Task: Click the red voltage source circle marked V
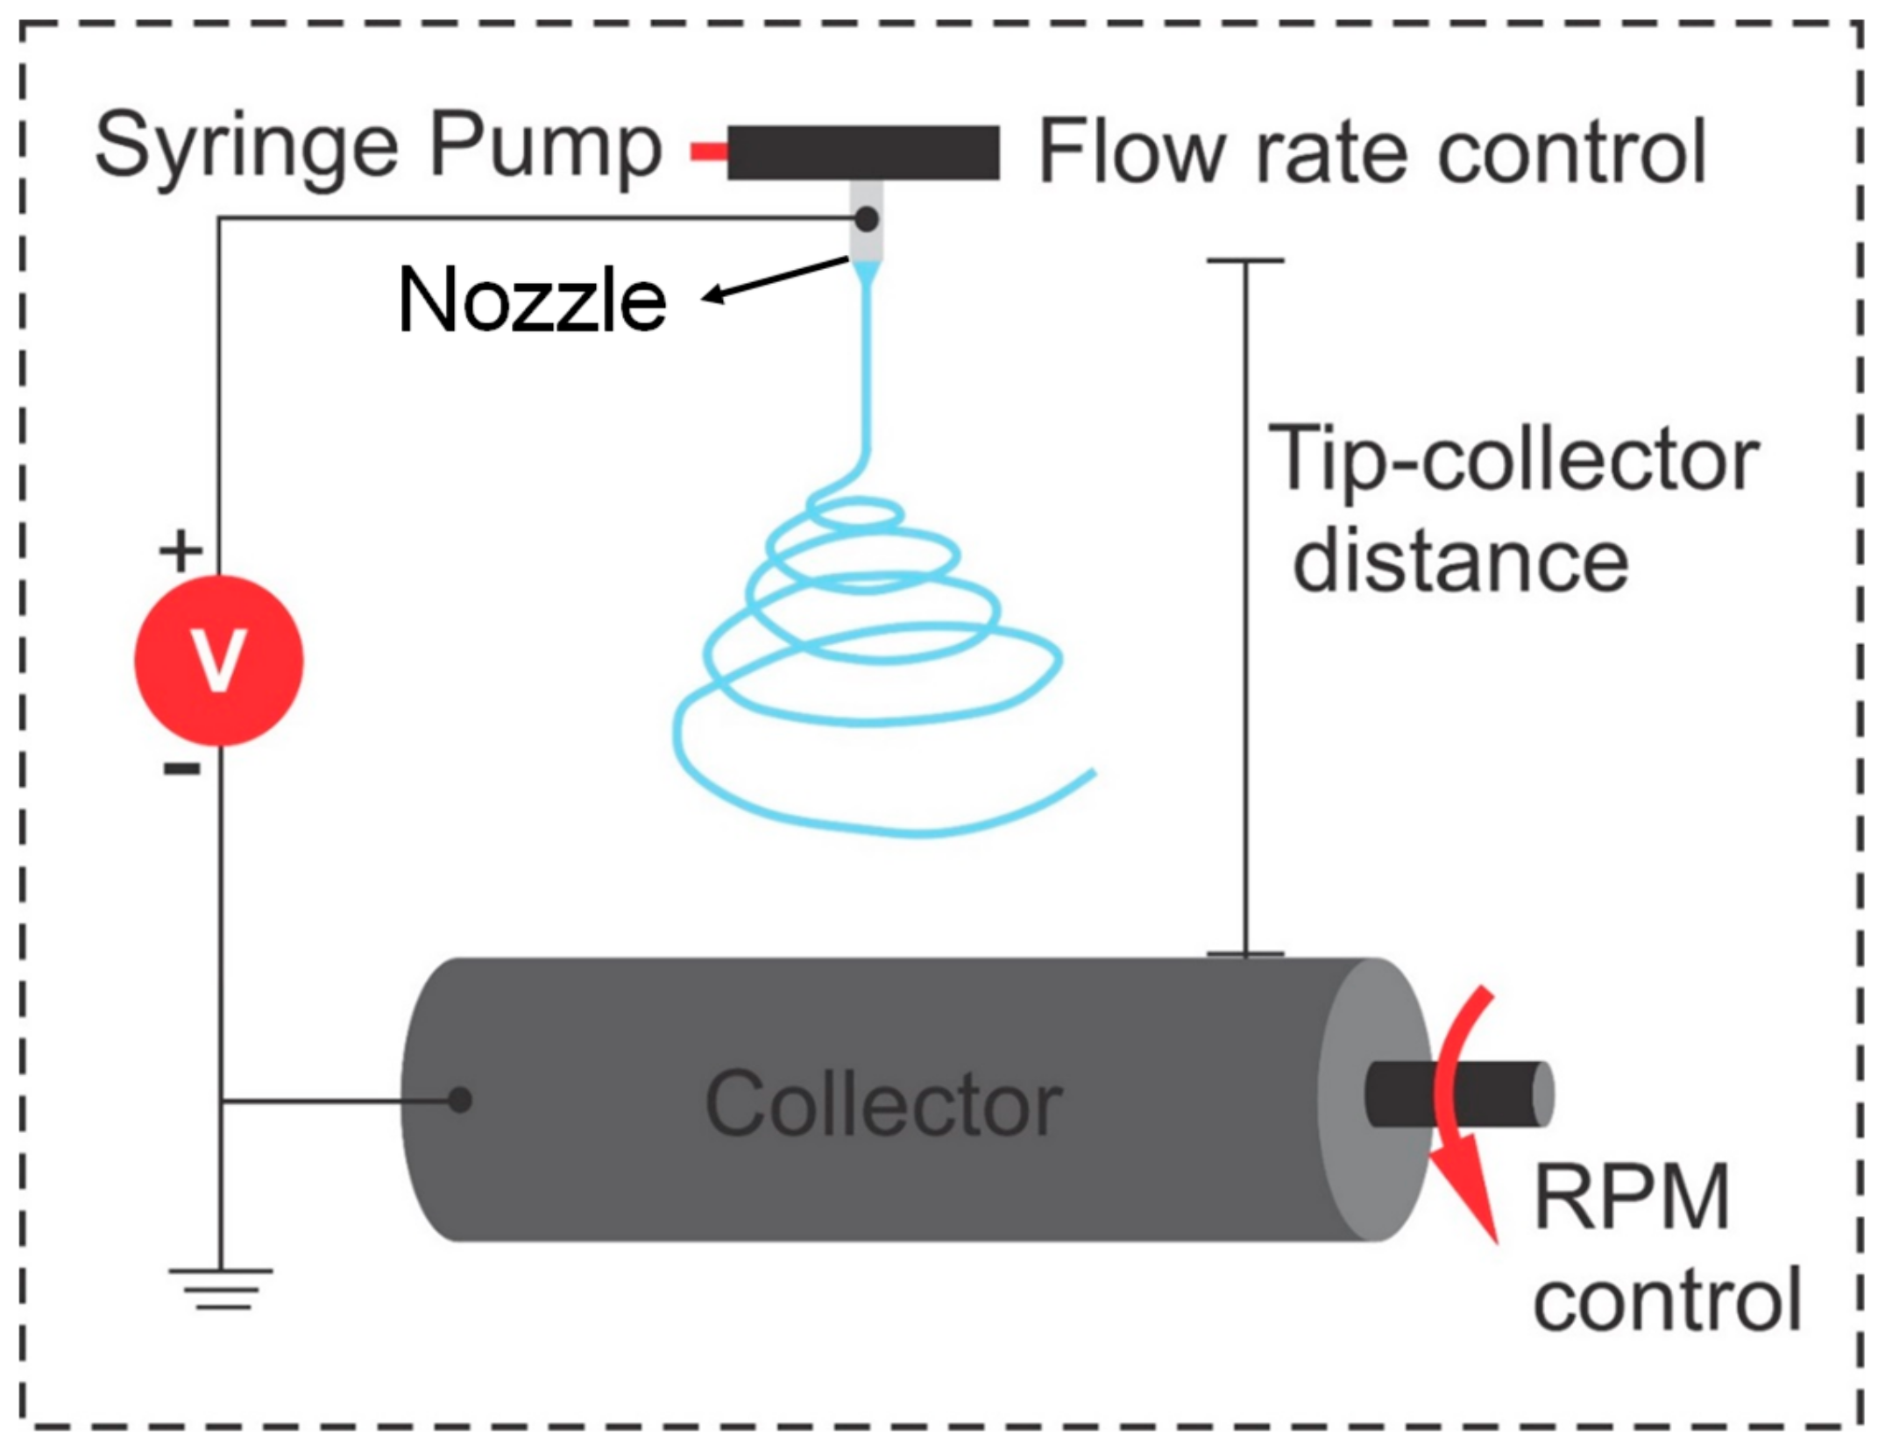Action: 218,660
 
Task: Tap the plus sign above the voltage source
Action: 181,552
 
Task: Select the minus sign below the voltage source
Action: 181,769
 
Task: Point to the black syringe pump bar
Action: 863,152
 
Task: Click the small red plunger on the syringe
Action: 708,152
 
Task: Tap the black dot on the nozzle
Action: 866,219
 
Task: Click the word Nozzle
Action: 532,301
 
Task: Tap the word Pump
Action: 545,147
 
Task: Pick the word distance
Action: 1461,561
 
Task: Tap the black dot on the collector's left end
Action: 459,1100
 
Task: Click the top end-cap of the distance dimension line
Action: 1244,260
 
